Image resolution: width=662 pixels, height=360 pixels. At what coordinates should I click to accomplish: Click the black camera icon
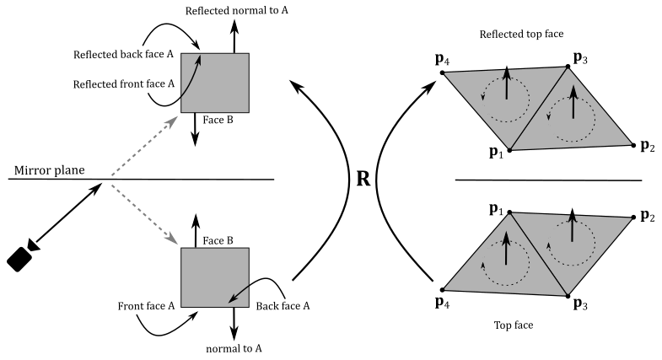pos(23,256)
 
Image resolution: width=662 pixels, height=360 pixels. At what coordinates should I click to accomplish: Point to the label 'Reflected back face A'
pos(123,55)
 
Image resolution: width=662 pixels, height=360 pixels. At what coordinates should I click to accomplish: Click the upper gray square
pos(215,82)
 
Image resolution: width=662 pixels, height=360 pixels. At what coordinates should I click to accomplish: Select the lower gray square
pos(214,279)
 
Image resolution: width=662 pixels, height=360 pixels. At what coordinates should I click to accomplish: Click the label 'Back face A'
pos(283,307)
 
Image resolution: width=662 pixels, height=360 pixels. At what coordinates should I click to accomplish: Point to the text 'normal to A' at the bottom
pos(232,347)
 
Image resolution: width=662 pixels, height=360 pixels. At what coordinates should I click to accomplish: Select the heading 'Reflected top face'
pos(520,33)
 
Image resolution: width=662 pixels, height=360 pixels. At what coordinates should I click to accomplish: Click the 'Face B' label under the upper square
pos(217,120)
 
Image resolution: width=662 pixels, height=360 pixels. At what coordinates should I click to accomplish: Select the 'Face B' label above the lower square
pos(217,240)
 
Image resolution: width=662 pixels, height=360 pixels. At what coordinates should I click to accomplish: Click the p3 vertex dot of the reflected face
pos(568,66)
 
